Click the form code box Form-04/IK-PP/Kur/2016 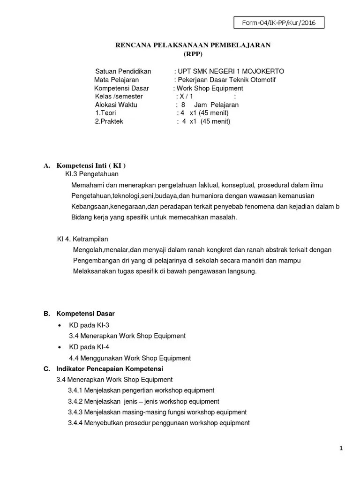(278, 23)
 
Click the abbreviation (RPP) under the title (193, 53)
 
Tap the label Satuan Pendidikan (123, 71)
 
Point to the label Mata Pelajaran (116, 80)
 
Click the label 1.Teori (105, 113)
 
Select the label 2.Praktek (110, 121)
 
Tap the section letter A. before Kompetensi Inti (46, 165)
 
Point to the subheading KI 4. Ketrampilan (82, 239)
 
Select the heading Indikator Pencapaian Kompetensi (109, 369)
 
